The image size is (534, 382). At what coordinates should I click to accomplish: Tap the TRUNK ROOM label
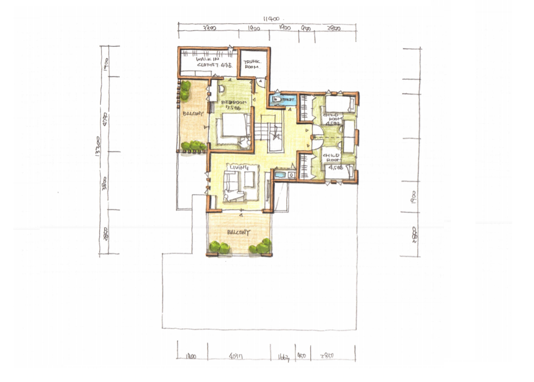click(252, 65)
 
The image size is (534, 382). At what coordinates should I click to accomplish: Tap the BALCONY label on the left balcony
click(193, 114)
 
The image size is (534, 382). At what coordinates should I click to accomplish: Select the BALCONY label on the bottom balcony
click(238, 233)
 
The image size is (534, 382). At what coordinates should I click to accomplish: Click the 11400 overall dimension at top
click(272, 19)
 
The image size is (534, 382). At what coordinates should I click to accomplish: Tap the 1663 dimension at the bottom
click(284, 356)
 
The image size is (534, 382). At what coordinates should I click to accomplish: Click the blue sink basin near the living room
click(280, 175)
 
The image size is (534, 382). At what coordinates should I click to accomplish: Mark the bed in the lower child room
click(339, 170)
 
